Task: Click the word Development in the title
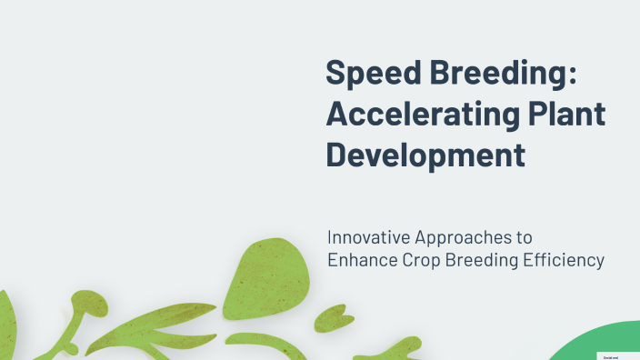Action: (x=425, y=155)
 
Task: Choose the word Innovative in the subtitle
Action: (x=368, y=237)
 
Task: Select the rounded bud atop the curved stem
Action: (x=88, y=302)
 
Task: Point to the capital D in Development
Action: (x=337, y=155)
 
